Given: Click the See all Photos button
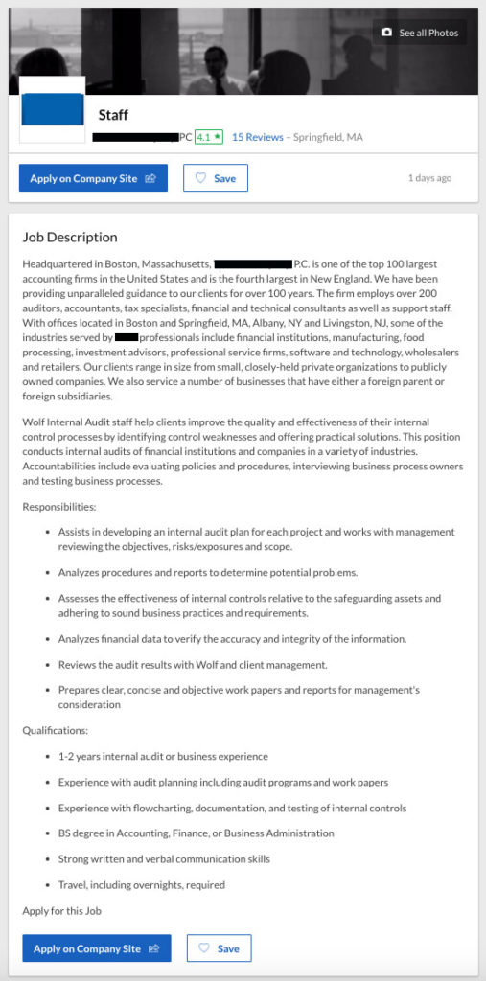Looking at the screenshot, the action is (420, 33).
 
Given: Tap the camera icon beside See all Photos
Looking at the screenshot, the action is (386, 33).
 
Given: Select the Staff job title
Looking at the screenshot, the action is (113, 116).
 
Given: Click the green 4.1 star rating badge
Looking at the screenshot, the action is (208, 137).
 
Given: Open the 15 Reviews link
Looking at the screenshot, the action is (257, 137).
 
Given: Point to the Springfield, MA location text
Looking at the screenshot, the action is (328, 137).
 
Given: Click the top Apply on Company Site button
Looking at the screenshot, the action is (93, 178).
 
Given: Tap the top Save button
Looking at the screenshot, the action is (216, 178).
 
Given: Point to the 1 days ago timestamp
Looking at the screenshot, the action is (429, 178).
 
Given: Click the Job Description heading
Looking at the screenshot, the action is (70, 237).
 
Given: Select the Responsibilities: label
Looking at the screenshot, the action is (59, 506).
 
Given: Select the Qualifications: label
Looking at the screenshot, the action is (55, 730).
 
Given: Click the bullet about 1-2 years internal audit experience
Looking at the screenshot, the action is (163, 756).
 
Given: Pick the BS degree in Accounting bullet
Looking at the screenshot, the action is (196, 833).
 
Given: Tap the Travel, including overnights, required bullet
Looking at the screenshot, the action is (141, 884).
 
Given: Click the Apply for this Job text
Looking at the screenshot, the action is (61, 911).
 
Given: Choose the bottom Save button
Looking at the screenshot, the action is (219, 948).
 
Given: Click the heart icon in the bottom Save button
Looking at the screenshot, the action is (203, 948).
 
